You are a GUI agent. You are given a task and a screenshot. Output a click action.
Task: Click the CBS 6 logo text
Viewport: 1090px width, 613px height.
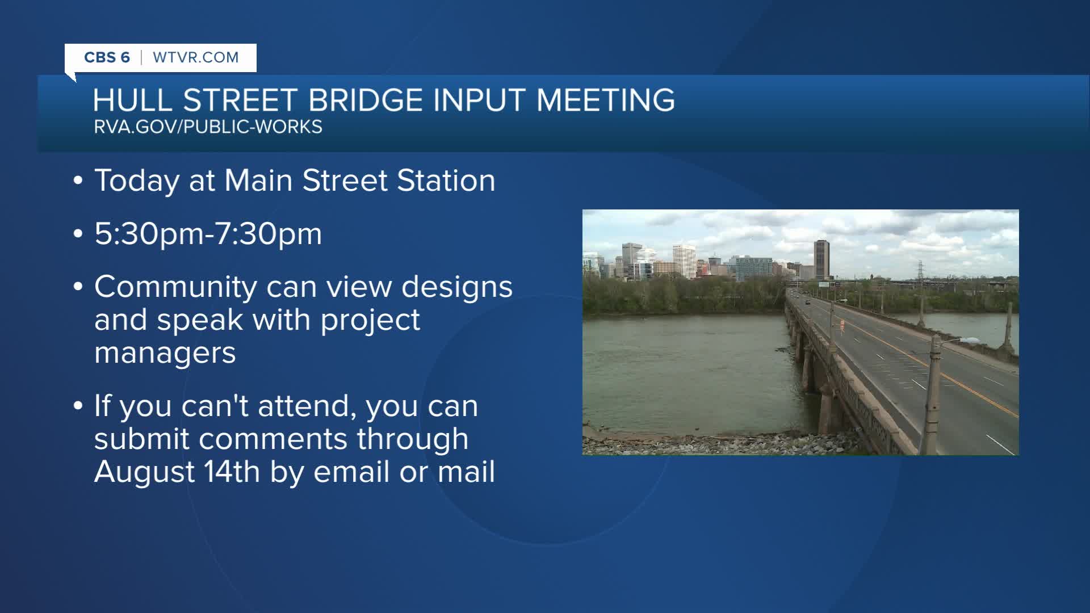coord(107,57)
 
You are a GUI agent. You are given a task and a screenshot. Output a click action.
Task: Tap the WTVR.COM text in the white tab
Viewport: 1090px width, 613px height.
coord(196,57)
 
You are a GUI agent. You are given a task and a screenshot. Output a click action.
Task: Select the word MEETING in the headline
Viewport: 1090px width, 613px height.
coord(606,100)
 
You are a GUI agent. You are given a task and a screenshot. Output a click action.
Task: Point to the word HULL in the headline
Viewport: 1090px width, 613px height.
coord(132,100)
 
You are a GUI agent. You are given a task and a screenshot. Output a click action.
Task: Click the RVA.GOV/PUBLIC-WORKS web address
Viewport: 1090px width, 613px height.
coord(208,127)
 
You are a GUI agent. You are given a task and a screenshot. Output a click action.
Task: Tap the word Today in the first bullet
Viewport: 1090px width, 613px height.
coord(137,181)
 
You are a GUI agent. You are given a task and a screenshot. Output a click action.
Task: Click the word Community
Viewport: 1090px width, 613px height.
coord(175,287)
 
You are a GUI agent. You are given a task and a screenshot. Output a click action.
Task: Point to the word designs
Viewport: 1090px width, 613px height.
coord(457,287)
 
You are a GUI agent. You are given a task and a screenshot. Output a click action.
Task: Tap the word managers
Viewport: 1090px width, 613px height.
coord(165,353)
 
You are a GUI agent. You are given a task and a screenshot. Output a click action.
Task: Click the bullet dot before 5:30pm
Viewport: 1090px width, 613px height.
coord(78,234)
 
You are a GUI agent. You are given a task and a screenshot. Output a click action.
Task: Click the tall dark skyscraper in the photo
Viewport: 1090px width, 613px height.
coord(821,259)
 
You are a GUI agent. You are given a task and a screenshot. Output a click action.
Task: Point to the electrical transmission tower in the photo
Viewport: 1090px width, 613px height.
coord(920,271)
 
